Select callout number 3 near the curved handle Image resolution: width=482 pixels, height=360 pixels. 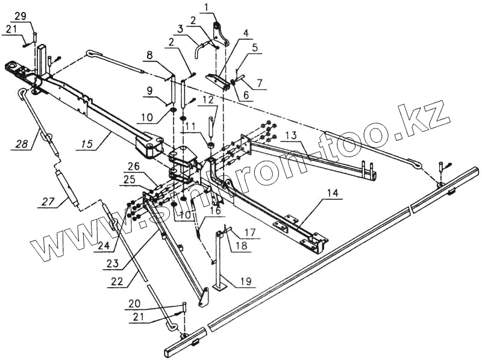181,28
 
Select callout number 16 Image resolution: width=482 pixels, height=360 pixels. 215,211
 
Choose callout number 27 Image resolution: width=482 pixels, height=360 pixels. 49,202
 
